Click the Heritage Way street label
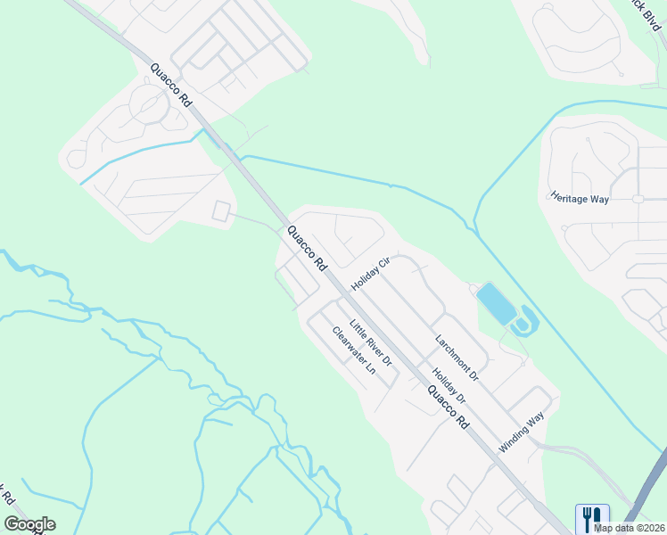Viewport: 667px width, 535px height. pyautogui.click(x=580, y=198)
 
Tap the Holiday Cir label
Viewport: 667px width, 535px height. pyautogui.click(x=372, y=274)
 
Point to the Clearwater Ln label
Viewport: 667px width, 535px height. pyautogui.click(x=353, y=357)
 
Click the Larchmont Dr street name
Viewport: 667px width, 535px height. pyautogui.click(x=457, y=358)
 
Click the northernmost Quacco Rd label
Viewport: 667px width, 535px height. pyautogui.click(x=171, y=86)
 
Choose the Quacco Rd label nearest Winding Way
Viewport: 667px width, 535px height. pyautogui.click(x=448, y=408)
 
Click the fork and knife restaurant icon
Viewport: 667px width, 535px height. pyautogui.click(x=592, y=517)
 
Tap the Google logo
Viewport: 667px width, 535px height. pyautogui.click(x=29, y=524)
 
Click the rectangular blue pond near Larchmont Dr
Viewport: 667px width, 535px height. pyautogui.click(x=496, y=303)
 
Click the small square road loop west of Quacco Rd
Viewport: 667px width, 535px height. pyautogui.click(x=221, y=212)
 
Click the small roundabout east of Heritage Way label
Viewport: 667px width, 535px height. pyautogui.click(x=638, y=199)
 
